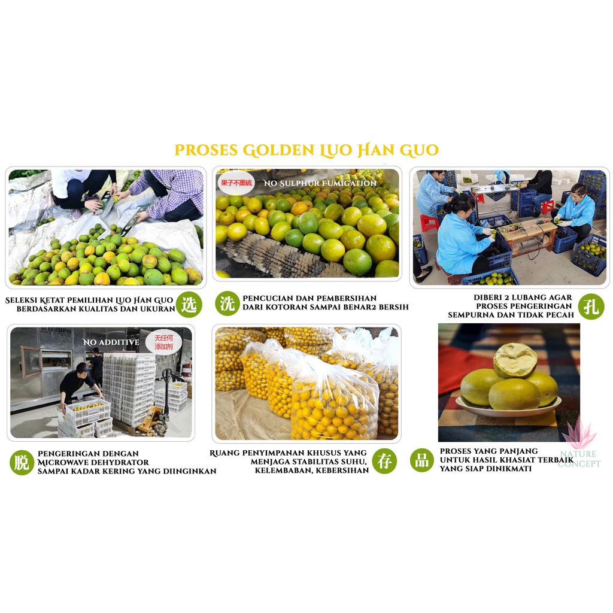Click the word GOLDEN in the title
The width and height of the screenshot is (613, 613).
pyautogui.click(x=278, y=150)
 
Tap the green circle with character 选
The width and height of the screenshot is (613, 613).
pyautogui.click(x=189, y=305)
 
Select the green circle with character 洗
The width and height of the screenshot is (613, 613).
pyautogui.click(x=227, y=304)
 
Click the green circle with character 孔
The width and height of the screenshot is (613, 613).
pyautogui.click(x=591, y=306)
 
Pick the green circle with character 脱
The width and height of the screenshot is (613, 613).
pyautogui.click(x=22, y=463)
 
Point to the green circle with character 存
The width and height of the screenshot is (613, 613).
pyautogui.click(x=384, y=461)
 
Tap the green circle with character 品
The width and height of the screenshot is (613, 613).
pyautogui.click(x=422, y=460)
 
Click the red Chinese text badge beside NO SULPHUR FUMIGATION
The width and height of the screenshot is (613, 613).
pyautogui.click(x=236, y=183)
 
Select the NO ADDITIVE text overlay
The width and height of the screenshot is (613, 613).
pyautogui.click(x=111, y=342)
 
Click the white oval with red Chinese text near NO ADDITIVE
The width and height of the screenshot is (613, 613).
pyautogui.click(x=164, y=342)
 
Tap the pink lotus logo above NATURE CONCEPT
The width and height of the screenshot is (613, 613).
pyautogui.click(x=579, y=433)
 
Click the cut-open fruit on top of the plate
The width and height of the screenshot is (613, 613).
pyautogui.click(x=515, y=360)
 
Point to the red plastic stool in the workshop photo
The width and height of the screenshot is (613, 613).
pyautogui.click(x=429, y=223)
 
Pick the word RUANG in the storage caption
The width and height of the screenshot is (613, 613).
pyautogui.click(x=224, y=453)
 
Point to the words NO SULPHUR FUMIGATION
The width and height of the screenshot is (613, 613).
pyautogui.click(x=320, y=183)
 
